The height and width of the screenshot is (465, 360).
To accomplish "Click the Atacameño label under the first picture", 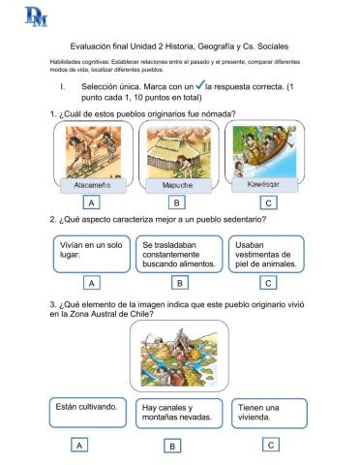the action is coord(93,182).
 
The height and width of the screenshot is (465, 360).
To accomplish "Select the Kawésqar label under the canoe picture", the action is coord(263,182).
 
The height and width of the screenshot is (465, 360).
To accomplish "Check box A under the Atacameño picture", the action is coord(92,203).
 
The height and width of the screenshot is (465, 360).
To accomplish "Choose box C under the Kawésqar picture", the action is coord(268,203).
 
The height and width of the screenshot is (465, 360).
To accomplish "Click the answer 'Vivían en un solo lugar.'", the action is coord(91,253).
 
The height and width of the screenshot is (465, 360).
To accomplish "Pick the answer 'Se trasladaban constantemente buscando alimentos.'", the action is coord(179,254).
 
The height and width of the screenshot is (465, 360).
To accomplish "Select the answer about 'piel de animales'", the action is coord(268,254).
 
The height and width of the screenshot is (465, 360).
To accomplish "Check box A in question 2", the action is coord(92,283).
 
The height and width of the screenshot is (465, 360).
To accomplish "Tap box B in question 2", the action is coord(179,283).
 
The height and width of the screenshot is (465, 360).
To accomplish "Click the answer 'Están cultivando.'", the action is coord(87,413).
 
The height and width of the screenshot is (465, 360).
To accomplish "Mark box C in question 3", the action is coord(271,444).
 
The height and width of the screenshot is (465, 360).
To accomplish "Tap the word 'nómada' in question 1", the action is coord(218,114).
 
